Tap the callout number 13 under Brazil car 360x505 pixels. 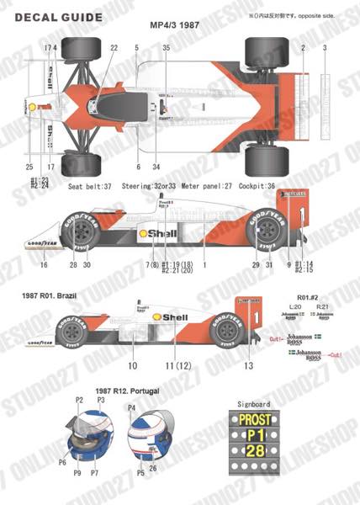249,366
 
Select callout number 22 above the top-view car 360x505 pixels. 113,48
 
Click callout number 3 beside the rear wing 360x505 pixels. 325,48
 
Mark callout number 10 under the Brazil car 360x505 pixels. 132,366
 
